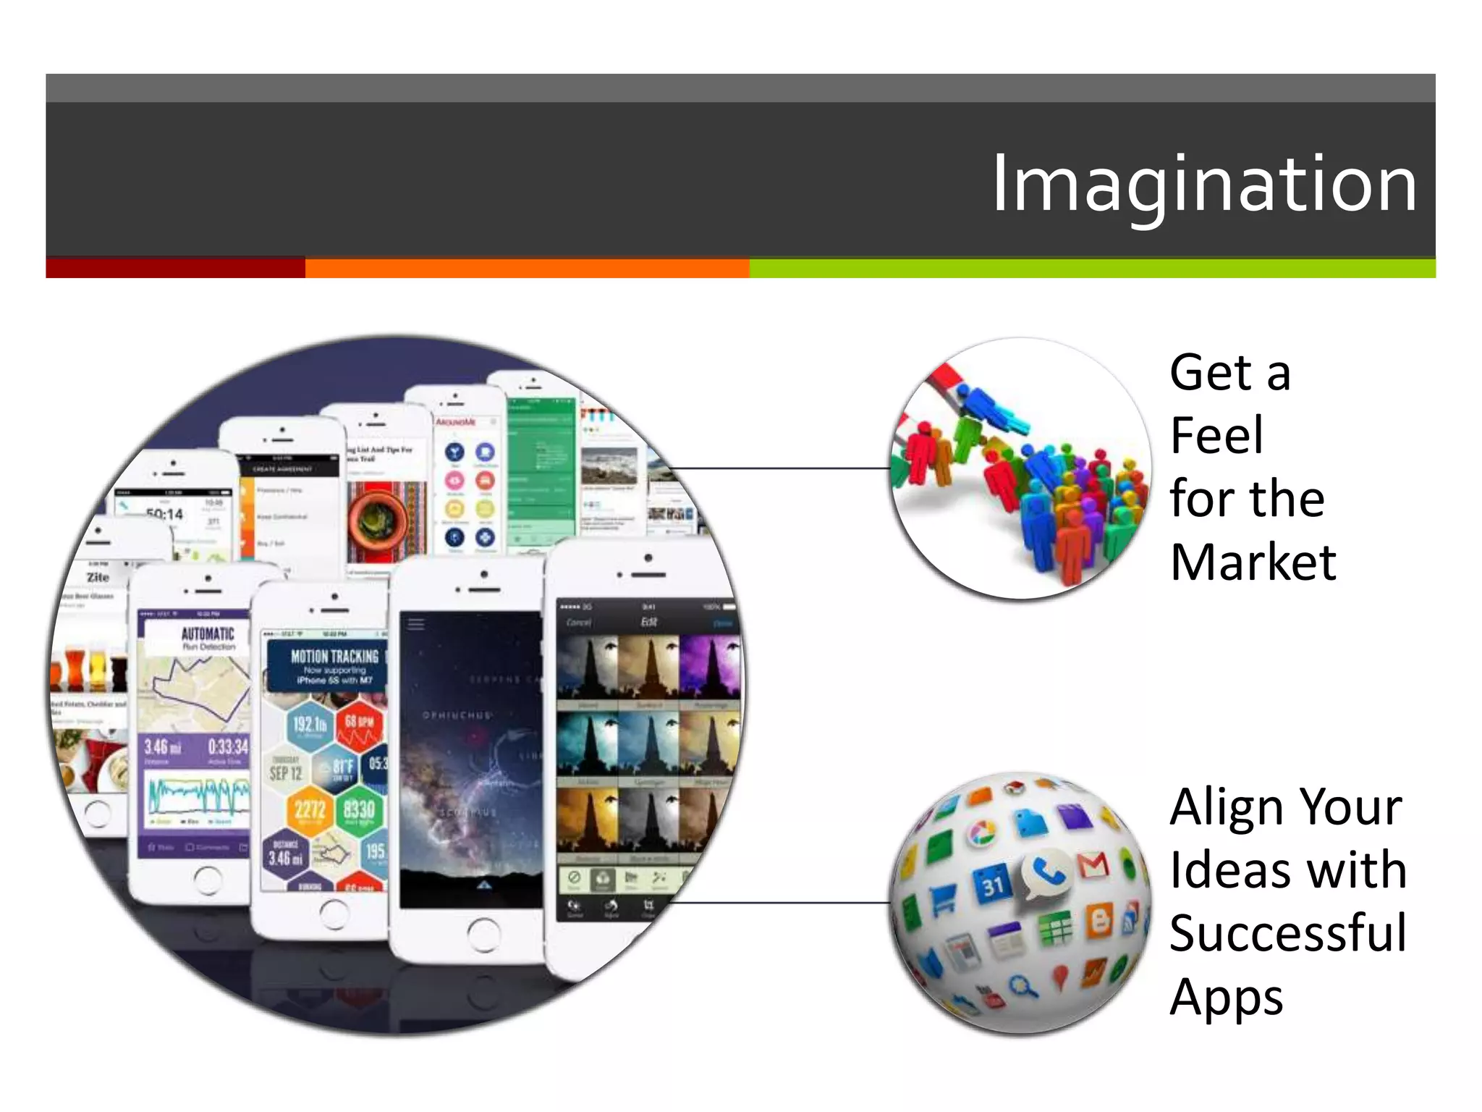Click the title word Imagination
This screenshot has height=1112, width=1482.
(x=1203, y=185)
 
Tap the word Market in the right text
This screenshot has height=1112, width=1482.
(x=1253, y=563)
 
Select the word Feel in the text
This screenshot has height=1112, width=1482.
(x=1216, y=436)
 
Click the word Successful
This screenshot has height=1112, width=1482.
(x=1288, y=933)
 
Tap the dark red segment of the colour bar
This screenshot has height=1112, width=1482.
(x=175, y=268)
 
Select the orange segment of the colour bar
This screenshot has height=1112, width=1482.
(x=527, y=268)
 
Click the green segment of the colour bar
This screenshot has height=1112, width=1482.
(x=1091, y=268)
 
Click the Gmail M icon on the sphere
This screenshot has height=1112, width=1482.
(x=1093, y=865)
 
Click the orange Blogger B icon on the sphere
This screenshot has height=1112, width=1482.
(x=1099, y=922)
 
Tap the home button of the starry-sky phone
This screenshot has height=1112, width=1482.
(x=483, y=934)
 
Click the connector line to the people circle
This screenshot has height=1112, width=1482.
(x=782, y=468)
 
